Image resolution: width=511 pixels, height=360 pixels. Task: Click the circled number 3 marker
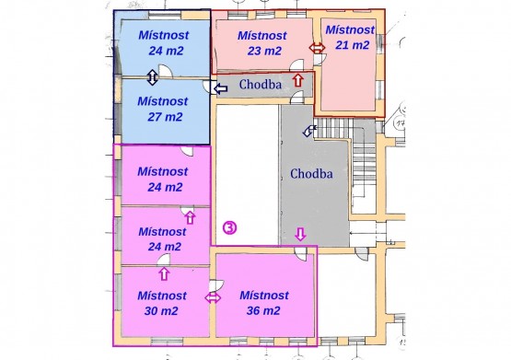(x=230, y=227)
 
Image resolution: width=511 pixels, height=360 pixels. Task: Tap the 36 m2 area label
(x=263, y=310)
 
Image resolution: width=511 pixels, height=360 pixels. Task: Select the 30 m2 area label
(x=161, y=311)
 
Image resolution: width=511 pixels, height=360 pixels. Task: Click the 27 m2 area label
(x=165, y=117)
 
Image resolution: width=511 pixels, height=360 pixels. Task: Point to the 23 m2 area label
(x=264, y=51)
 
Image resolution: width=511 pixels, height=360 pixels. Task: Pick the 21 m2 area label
(x=353, y=45)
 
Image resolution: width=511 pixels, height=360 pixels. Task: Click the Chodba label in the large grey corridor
(x=311, y=174)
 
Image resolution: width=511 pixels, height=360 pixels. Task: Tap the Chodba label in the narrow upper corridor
(x=261, y=85)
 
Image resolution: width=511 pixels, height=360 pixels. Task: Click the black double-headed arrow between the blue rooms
(x=152, y=77)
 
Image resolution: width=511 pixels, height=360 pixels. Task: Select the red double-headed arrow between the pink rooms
(x=317, y=48)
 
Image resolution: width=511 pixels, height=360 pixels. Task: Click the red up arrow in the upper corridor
(x=298, y=80)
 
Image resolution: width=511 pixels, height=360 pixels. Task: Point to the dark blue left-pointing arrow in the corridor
(x=221, y=88)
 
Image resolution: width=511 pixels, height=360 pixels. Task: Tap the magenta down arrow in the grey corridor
(x=300, y=234)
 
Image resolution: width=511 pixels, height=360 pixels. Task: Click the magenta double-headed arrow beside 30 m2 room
(x=213, y=297)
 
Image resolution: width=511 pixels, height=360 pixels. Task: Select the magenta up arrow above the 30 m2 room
(x=164, y=273)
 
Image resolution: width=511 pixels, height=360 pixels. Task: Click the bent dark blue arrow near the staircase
(x=309, y=131)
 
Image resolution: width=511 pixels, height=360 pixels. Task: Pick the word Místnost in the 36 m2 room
(x=264, y=296)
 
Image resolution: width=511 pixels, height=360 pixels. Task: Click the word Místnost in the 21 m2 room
(x=350, y=30)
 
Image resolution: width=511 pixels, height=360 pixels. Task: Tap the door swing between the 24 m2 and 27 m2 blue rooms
(x=165, y=71)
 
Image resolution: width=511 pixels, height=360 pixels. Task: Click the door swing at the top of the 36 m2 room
(x=301, y=254)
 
